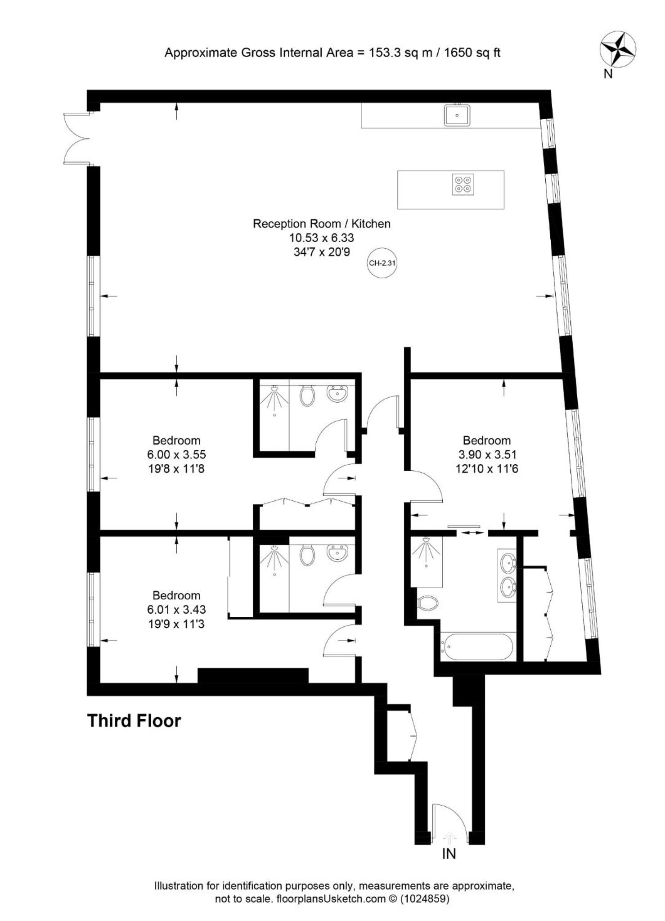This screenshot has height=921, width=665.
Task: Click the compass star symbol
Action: pos(618,49)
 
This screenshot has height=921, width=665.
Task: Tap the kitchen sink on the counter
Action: pos(457,115)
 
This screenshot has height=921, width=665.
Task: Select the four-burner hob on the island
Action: pos(463,184)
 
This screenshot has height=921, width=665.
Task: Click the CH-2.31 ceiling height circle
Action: pos(382,263)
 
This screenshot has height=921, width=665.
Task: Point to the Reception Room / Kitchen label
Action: pos(322,224)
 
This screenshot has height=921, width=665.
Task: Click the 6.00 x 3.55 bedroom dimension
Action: pos(176,454)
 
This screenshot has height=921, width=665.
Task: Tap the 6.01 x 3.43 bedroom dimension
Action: pos(176,610)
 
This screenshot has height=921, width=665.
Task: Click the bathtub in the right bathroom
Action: pos(477,647)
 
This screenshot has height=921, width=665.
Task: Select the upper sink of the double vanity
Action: pos(508,562)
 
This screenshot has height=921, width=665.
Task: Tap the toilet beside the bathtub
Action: pos(428,603)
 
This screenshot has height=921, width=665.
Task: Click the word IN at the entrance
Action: pos(449,854)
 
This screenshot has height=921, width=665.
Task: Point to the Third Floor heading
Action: pos(134,721)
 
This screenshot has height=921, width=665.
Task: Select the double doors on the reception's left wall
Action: pos(77,138)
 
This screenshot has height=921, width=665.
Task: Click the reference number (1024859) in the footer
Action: pos(425,899)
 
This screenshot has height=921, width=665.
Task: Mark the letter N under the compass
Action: pos(608,74)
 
